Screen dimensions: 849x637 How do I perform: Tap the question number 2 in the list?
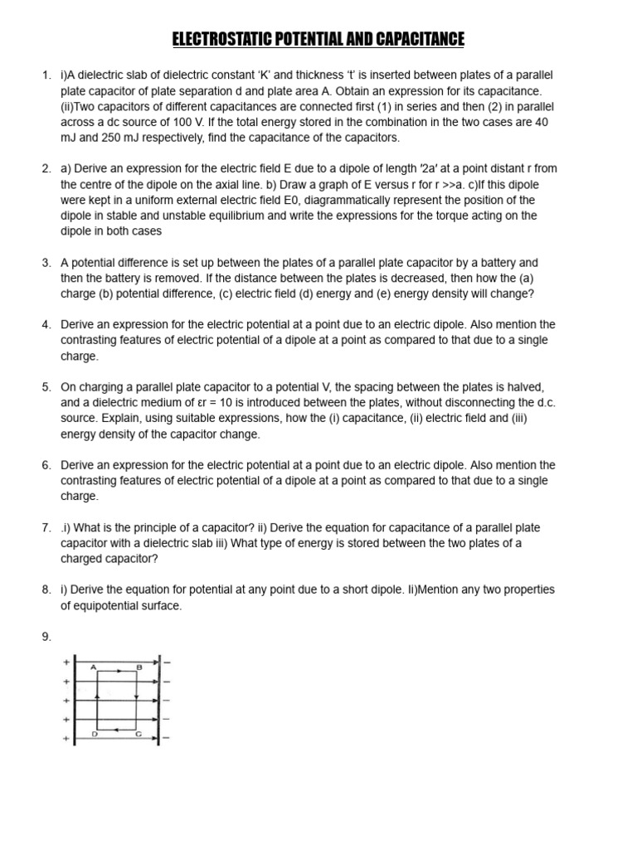point(46,168)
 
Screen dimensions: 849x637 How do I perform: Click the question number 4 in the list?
point(46,324)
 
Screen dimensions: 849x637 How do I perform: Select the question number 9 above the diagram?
point(46,637)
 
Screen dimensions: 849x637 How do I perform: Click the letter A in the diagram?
point(93,667)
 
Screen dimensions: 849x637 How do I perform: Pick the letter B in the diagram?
point(139,667)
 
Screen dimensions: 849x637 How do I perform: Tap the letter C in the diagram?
point(139,734)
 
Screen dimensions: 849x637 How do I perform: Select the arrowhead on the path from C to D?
point(119,729)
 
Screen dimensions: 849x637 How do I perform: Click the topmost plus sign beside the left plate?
point(66,662)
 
